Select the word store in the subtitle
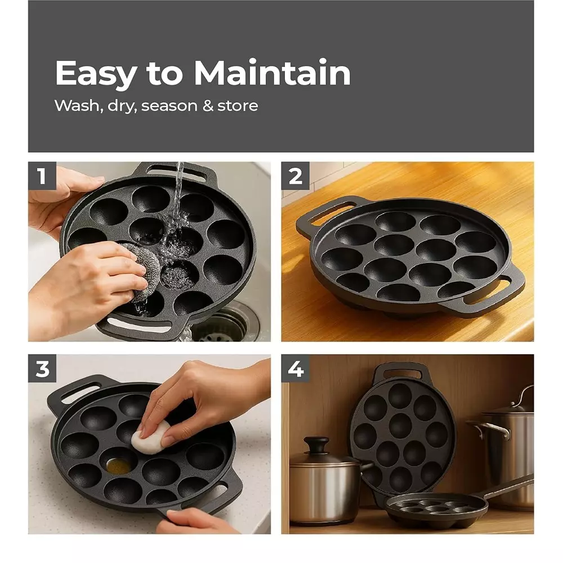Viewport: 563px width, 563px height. point(236,106)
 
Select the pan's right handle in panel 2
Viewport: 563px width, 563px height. point(495,293)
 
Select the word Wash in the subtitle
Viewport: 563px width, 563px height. point(74,106)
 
